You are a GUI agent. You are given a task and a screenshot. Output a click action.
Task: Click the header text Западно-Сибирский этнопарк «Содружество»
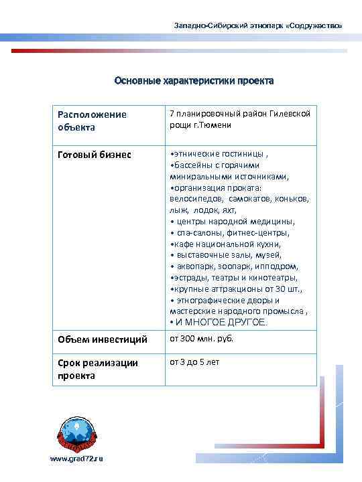(x=258, y=25)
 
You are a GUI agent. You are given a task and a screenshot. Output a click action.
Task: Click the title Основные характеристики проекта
(x=193, y=81)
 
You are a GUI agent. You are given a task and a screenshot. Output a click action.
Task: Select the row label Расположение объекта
(x=92, y=120)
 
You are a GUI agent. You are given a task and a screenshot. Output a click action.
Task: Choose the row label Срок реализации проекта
(x=98, y=369)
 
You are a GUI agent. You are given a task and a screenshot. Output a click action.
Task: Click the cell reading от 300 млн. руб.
(x=202, y=339)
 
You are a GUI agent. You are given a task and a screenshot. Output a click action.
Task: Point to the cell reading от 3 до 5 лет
(x=194, y=362)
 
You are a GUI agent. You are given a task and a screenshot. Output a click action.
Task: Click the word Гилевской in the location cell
(x=289, y=114)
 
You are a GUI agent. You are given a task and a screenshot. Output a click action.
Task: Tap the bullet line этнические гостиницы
(x=215, y=153)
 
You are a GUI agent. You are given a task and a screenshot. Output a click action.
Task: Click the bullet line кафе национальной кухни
(x=224, y=244)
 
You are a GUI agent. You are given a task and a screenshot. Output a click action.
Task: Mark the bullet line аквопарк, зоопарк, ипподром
(x=234, y=266)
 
